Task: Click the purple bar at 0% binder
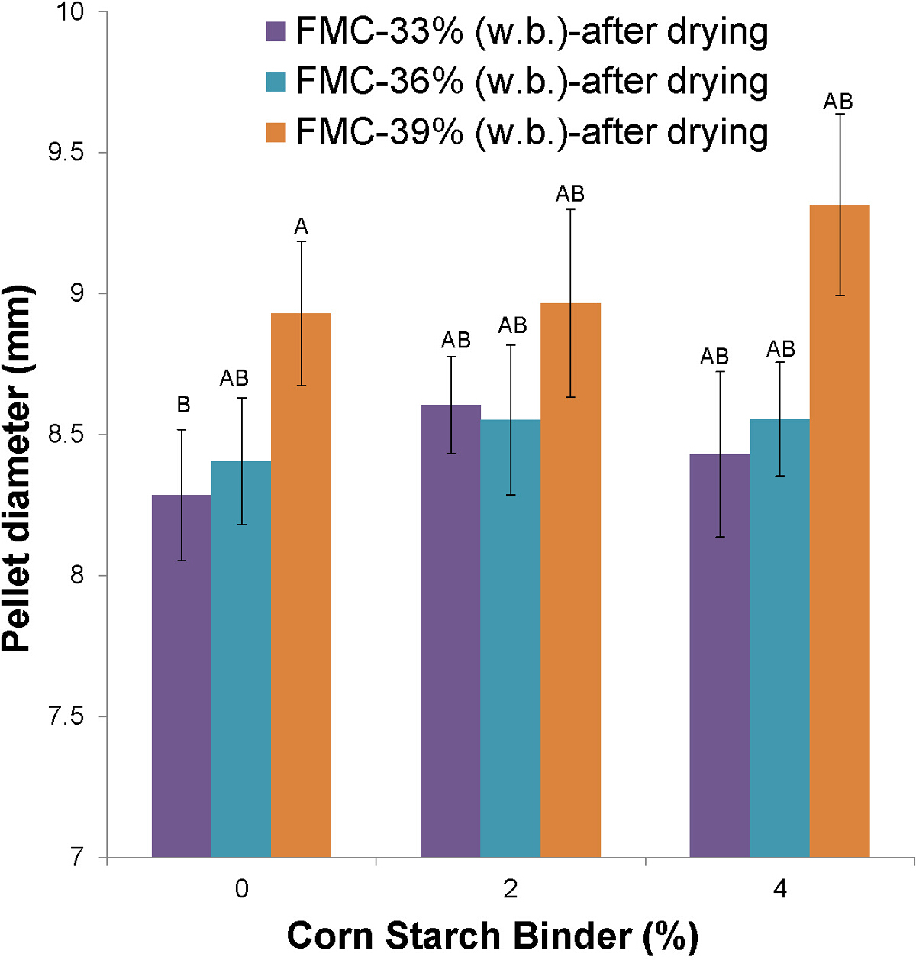pos(182,676)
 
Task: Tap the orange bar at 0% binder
pos(301,585)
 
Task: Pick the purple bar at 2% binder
pos(450,631)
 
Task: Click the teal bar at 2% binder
pos(510,638)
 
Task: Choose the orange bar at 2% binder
pos(570,580)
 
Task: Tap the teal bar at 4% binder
pos(779,638)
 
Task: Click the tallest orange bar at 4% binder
pos(840,531)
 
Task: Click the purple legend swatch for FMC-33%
pos(276,32)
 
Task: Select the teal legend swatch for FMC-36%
pos(276,82)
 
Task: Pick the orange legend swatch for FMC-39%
pos(276,132)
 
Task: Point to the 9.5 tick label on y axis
pos(66,153)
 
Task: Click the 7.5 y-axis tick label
pos(66,717)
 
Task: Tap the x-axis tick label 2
pos(511,889)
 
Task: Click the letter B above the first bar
pos(182,405)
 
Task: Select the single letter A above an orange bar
pos(301,227)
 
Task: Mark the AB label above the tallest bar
pos(838,102)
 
